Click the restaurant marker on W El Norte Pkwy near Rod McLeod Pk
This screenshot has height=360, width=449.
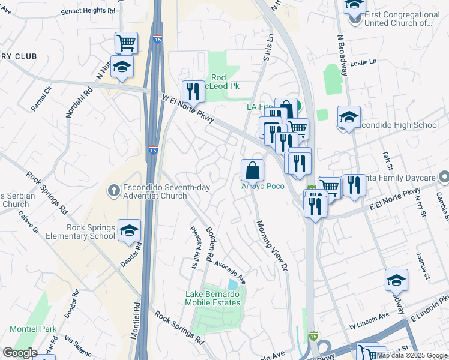tap(193, 92)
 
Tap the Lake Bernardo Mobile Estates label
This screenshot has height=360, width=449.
tap(212, 298)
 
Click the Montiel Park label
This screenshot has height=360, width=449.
tap(33, 329)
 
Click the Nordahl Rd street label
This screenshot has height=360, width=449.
tap(72, 102)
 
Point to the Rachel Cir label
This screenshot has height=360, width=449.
tap(42, 98)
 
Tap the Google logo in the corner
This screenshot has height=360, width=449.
tap(19, 353)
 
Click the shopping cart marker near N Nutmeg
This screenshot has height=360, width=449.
tap(126, 43)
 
